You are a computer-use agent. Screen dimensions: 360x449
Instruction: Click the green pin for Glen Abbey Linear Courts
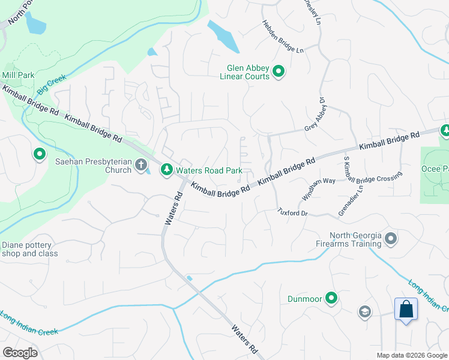point(279,72)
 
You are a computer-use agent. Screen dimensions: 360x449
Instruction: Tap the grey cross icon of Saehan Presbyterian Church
point(140,164)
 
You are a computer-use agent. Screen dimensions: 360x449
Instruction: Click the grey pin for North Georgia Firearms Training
point(391,239)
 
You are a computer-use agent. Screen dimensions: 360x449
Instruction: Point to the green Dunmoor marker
point(331,298)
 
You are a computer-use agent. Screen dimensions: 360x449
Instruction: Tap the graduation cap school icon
point(364,311)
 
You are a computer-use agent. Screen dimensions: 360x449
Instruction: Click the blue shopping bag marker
point(406,310)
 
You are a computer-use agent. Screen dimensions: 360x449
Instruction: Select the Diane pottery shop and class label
point(30,249)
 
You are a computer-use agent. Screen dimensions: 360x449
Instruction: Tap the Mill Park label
point(18,75)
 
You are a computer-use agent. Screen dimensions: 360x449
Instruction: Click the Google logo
point(20,353)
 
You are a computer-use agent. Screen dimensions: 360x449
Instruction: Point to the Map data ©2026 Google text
point(412,355)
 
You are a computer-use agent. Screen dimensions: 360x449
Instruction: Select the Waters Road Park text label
point(208,171)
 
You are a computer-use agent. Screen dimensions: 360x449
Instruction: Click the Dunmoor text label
point(304,298)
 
